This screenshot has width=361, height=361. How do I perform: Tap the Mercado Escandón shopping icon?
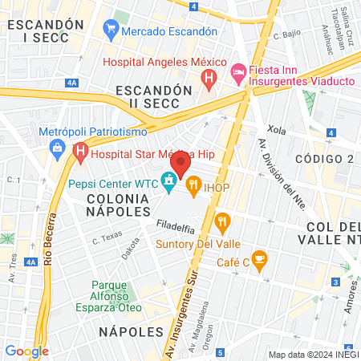click(111, 31)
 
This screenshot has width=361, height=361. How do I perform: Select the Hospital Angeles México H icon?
click(209, 79)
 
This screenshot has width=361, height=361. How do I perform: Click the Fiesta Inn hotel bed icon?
click(238, 73)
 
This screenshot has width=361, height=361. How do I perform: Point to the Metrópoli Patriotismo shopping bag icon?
click(59, 147)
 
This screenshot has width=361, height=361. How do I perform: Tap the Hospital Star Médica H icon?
click(80, 150)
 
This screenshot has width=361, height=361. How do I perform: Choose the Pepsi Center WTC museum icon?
click(169, 183)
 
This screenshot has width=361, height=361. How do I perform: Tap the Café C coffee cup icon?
click(258, 258)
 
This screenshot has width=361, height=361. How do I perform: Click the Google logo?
click(26, 351)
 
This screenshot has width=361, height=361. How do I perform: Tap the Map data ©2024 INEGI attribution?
click(312, 354)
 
